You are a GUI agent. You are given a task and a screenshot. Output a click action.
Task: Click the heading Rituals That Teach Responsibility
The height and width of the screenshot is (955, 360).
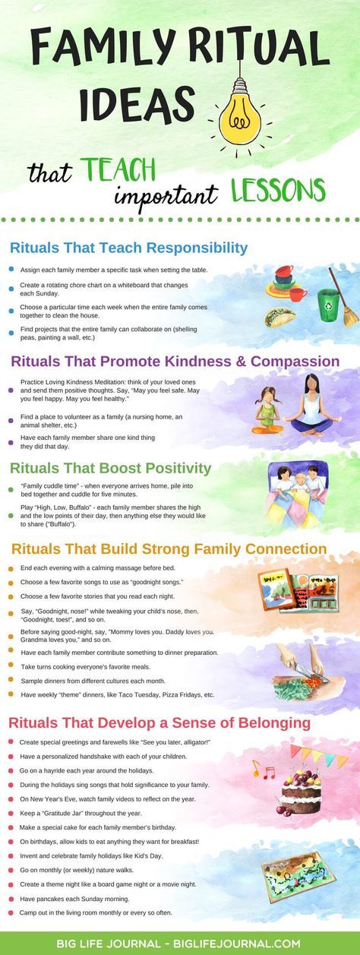click(x=128, y=248)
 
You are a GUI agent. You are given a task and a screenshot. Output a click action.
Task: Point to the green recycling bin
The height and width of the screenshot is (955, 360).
click(x=328, y=305)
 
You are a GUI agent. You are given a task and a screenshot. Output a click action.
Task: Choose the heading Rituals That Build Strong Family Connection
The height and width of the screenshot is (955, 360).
click(x=168, y=549)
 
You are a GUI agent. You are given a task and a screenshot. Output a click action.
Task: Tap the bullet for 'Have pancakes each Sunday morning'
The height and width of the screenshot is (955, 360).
click(x=11, y=899)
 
